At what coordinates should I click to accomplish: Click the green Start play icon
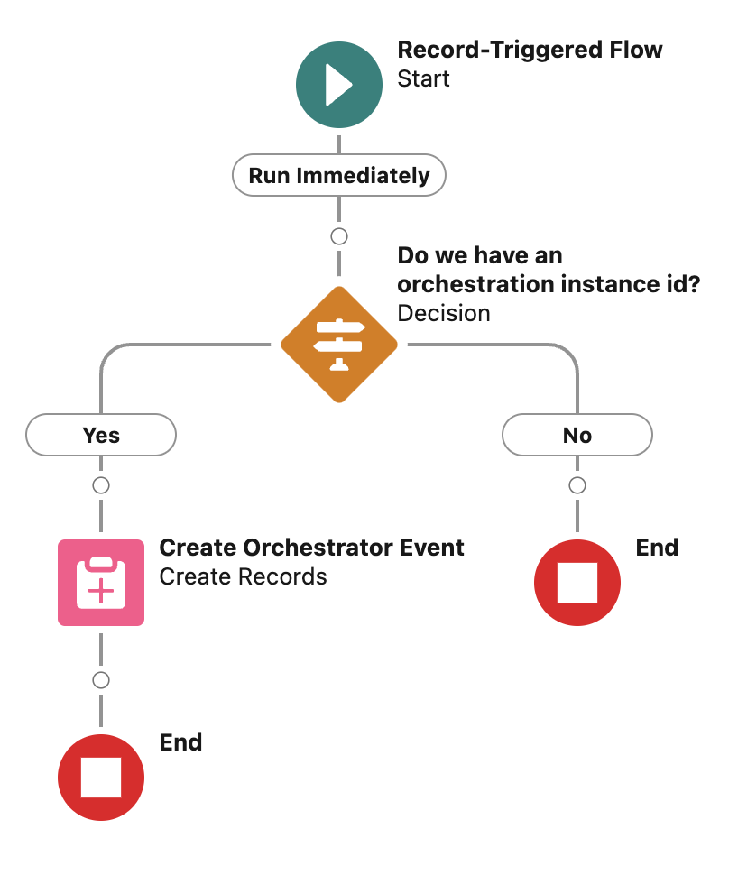click(x=338, y=86)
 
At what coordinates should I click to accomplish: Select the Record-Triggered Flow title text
click(x=530, y=51)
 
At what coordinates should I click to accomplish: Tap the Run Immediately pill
click(x=338, y=175)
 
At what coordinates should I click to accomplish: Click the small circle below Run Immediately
click(x=338, y=236)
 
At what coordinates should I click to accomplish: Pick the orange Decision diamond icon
click(x=338, y=345)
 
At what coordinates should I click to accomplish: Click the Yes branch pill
click(x=101, y=436)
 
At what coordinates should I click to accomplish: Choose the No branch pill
click(x=577, y=436)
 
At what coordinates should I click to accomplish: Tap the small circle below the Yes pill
click(x=101, y=485)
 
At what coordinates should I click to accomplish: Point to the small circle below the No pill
click(x=577, y=485)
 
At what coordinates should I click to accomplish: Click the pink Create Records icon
click(x=101, y=583)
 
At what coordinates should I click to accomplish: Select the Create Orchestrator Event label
click(x=311, y=548)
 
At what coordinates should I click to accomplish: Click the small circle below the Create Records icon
click(x=101, y=679)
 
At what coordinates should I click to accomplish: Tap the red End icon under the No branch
click(x=577, y=583)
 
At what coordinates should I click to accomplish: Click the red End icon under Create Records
click(x=101, y=778)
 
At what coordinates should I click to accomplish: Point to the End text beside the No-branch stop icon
click(x=657, y=548)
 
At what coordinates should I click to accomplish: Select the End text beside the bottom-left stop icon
click(x=180, y=742)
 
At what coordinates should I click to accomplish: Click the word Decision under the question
click(x=444, y=313)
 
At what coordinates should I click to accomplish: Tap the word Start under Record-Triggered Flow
click(x=423, y=78)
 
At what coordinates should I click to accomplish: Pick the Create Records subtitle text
click(x=243, y=576)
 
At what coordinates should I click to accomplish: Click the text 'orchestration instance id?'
click(x=549, y=284)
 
